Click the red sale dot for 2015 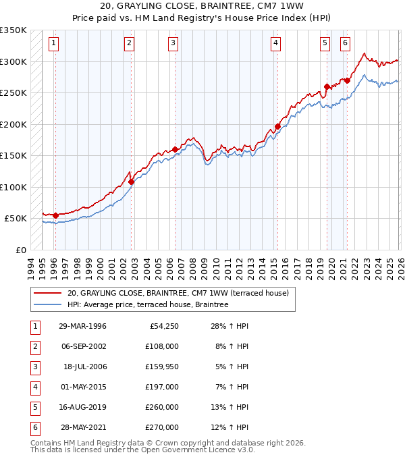tap(277, 126)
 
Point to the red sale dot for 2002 tap(132, 182)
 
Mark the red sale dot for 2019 tap(327, 86)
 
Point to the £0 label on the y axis tap(20, 250)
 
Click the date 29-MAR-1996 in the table tap(82, 327)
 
